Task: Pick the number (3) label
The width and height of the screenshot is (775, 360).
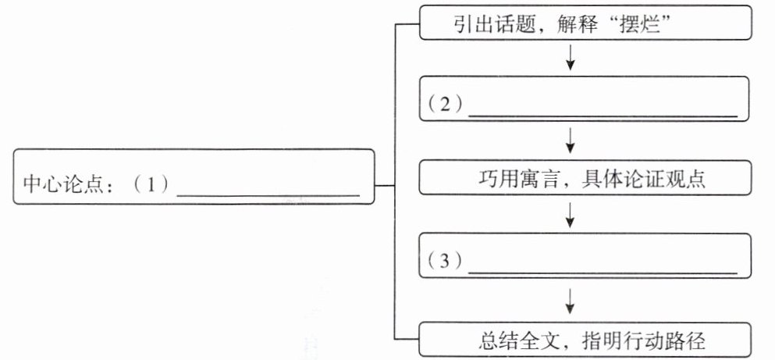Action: coord(445,262)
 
